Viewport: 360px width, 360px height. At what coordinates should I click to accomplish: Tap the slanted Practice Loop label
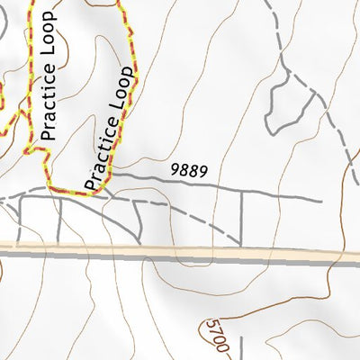112,130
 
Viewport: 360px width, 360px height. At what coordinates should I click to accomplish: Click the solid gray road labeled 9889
225,189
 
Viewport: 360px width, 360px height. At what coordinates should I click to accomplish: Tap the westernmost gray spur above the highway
18,220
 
